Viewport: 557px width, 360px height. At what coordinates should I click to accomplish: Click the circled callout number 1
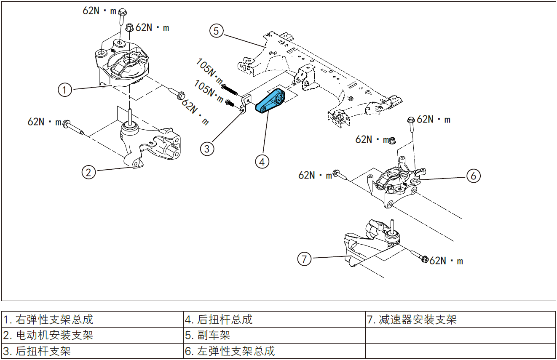(x=64, y=90)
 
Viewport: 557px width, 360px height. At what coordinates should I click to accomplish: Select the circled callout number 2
(x=88, y=172)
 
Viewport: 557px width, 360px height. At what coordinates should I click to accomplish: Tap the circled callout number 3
(x=206, y=148)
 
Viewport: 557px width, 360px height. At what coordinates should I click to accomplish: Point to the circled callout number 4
(x=262, y=161)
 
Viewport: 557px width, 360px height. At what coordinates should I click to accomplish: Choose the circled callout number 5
(x=216, y=31)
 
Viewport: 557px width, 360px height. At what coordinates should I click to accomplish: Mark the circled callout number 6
(x=473, y=176)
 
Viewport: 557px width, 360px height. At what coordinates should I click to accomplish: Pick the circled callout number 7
(x=304, y=259)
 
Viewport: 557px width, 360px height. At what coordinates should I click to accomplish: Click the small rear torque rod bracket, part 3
(x=245, y=104)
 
